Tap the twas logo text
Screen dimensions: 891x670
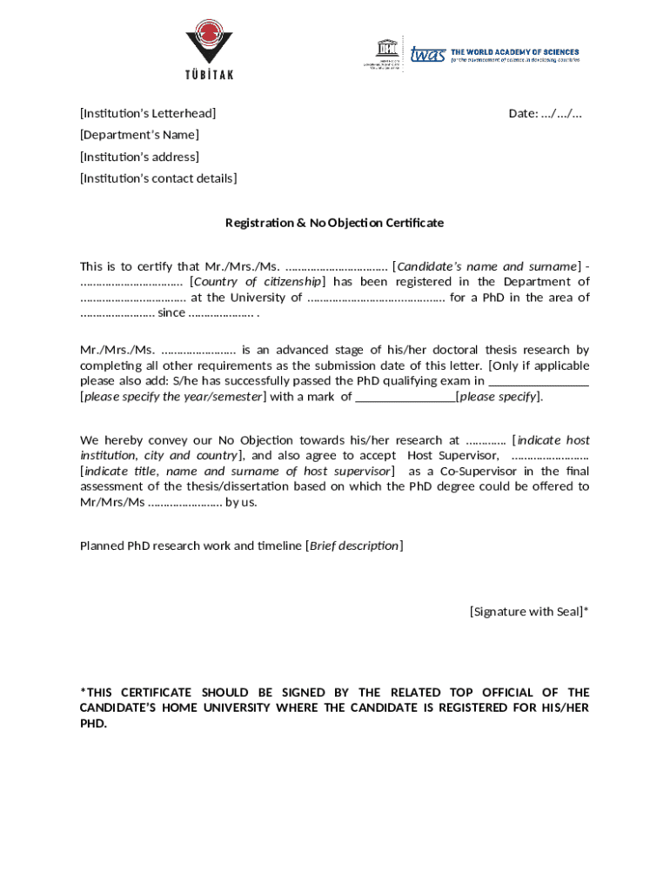tap(427, 55)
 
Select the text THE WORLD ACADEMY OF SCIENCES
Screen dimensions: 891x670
tap(514, 52)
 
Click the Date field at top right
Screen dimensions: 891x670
tap(545, 113)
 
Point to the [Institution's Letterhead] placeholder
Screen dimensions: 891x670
tap(148, 113)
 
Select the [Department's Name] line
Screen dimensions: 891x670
tap(139, 135)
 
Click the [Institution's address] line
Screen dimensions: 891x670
tap(139, 157)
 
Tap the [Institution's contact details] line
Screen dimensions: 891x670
tap(158, 178)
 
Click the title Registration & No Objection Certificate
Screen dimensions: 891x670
tap(334, 223)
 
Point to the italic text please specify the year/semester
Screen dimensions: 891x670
tap(173, 397)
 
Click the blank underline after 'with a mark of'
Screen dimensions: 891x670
tap(405, 398)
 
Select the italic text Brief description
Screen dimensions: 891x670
tap(354, 546)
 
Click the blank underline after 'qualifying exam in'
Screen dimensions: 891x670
tap(539, 381)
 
